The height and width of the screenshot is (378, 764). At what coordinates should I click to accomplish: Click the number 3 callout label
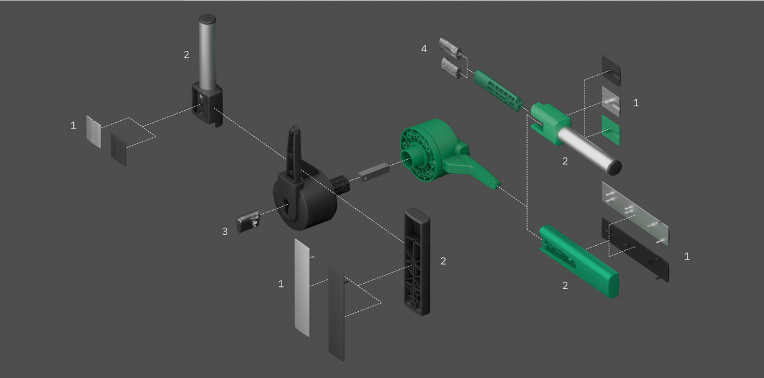pos(225,232)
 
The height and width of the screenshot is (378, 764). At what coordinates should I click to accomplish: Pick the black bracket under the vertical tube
pos(208,102)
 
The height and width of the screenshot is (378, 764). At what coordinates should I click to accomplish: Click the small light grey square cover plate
pos(94,132)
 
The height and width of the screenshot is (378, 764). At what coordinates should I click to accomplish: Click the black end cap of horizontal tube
pos(614,167)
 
